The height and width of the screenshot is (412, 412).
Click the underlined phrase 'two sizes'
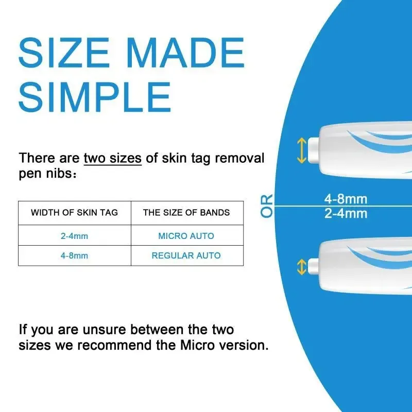click(112, 158)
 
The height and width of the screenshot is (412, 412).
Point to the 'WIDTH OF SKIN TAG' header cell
click(74, 212)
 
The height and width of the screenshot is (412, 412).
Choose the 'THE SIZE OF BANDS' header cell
click(186, 212)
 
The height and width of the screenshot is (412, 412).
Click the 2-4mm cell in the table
click(74, 236)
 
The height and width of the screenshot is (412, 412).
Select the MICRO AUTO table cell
click(186, 236)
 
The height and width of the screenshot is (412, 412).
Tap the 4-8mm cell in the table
click(74, 255)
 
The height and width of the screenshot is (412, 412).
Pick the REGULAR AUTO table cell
click(186, 255)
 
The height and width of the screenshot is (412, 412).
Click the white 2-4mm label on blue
click(346, 213)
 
